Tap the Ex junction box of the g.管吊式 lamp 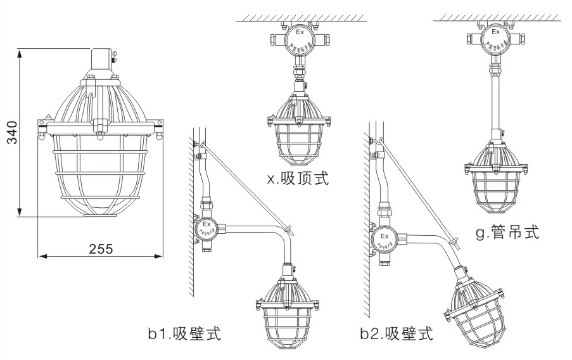coord(495,39)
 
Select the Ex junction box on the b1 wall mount coord(205,227)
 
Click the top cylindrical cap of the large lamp coord(100,60)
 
